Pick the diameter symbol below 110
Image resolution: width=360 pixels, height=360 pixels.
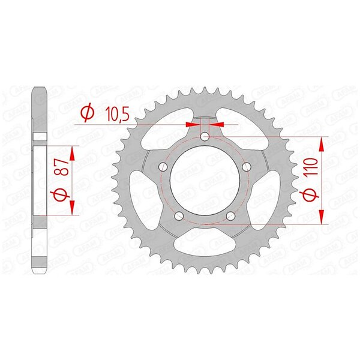click(x=311, y=194)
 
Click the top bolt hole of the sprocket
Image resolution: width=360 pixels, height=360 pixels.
click(x=205, y=137)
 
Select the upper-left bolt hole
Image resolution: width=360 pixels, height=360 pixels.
click(x=163, y=167)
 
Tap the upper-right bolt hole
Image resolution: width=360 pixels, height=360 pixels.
click(x=247, y=167)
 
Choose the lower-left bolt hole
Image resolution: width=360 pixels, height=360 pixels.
click(x=179, y=215)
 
